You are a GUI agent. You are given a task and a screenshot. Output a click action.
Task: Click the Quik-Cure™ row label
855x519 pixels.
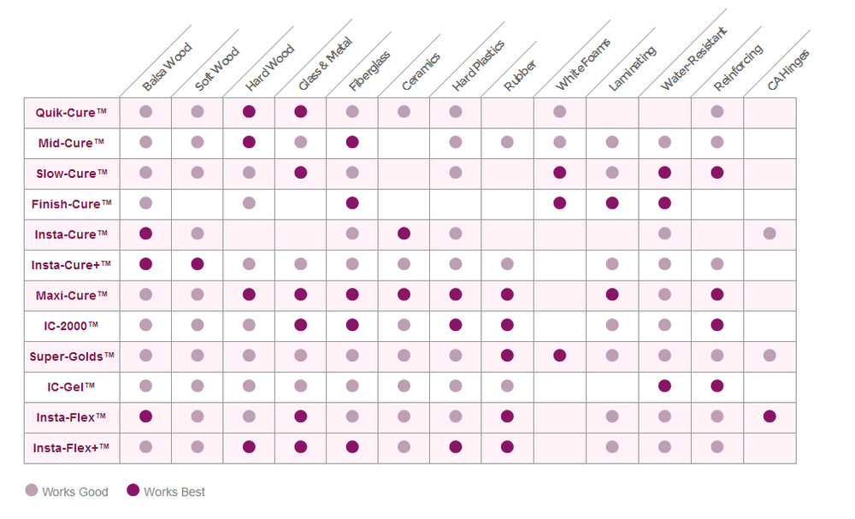pyautogui.click(x=71, y=112)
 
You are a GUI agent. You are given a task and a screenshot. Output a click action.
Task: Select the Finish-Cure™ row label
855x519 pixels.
pyautogui.click(x=71, y=203)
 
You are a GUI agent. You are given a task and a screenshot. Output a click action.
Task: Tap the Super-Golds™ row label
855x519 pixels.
pyautogui.click(x=71, y=356)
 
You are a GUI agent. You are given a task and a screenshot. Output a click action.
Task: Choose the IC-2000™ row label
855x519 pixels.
pyautogui.click(x=71, y=326)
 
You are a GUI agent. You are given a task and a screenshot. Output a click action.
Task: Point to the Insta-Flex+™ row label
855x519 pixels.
pyautogui.click(x=71, y=447)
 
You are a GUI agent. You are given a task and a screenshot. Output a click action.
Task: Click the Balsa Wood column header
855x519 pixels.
pyautogui.click(x=167, y=68)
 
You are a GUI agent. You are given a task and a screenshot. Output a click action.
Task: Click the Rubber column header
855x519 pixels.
pyautogui.click(x=521, y=75)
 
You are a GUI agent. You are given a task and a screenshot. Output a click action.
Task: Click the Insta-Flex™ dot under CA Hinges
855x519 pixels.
pyautogui.click(x=769, y=416)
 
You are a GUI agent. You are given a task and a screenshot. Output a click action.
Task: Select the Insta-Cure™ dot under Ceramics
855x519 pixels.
pyautogui.click(x=404, y=233)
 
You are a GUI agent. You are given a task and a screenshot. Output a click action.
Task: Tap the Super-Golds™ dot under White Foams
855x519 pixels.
pyautogui.click(x=560, y=356)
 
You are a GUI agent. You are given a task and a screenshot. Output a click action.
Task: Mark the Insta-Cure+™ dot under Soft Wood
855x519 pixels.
pyautogui.click(x=198, y=264)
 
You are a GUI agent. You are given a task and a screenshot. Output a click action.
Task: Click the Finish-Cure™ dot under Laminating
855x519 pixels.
pyautogui.click(x=612, y=203)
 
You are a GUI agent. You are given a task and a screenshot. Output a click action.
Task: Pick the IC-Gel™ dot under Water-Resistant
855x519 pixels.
pyautogui.click(x=664, y=386)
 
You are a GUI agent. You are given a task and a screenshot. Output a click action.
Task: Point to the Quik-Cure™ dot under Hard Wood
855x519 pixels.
pyautogui.click(x=249, y=112)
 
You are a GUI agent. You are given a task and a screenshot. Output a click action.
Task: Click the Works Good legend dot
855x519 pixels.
pyautogui.click(x=32, y=491)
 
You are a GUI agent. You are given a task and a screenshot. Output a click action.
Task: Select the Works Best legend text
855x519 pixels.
pyautogui.click(x=174, y=492)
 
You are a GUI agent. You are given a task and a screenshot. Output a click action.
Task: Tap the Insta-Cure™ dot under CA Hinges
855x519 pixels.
pyautogui.click(x=769, y=233)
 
